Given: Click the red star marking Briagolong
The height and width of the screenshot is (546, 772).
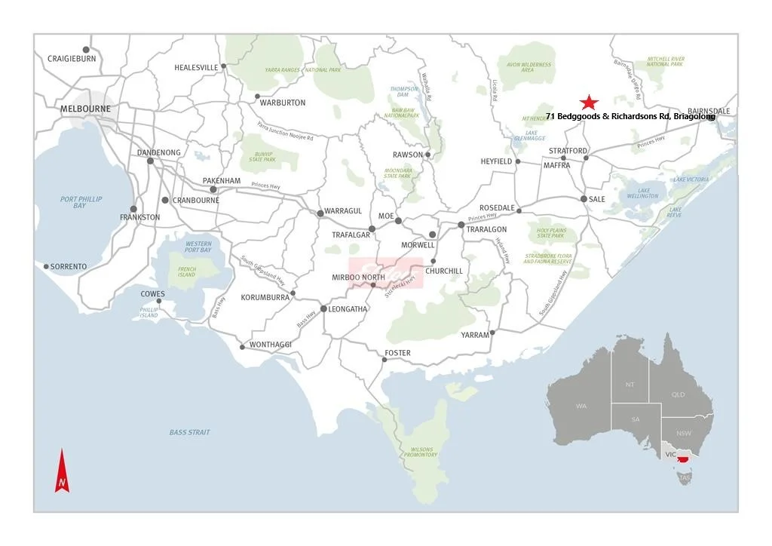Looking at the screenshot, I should pyautogui.click(x=589, y=103).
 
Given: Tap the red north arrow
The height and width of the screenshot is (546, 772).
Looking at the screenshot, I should pyautogui.click(x=62, y=471).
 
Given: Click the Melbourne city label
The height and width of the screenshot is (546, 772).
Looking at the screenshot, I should pyautogui.click(x=85, y=109).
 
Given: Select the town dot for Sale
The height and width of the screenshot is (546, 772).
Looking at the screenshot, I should pyautogui.click(x=584, y=198).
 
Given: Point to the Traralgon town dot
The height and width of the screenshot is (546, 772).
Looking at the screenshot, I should pyautogui.click(x=461, y=225).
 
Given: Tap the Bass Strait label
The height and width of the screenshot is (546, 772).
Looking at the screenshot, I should pyautogui.click(x=189, y=432).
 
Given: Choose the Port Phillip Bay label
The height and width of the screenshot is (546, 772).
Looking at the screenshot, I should pyautogui.click(x=81, y=202).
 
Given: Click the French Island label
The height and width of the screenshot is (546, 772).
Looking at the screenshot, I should pyautogui.click(x=187, y=271).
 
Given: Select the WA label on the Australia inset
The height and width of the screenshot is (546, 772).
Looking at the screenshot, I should pyautogui.click(x=581, y=406).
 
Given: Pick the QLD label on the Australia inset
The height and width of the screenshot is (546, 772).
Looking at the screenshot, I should pyautogui.click(x=679, y=394).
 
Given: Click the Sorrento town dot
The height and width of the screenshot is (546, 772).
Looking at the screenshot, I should pyautogui.click(x=46, y=266).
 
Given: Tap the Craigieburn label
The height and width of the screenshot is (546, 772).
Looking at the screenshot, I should pyautogui.click(x=72, y=58).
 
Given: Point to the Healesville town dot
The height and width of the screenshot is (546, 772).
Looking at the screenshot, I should pyautogui.click(x=223, y=66).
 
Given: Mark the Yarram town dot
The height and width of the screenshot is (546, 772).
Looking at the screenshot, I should pyautogui.click(x=492, y=332).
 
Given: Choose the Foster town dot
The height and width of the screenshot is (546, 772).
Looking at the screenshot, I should pyautogui.click(x=384, y=360).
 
